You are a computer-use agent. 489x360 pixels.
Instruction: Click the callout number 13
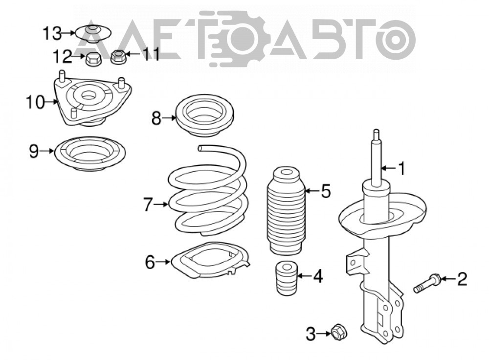[x=52, y=33]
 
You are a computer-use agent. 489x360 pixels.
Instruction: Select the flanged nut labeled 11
[x=118, y=57]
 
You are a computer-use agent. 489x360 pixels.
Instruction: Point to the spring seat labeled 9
[x=90, y=154]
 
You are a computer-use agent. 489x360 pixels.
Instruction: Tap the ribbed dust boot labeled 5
[x=286, y=211]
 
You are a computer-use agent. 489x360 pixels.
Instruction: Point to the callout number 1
[x=402, y=168]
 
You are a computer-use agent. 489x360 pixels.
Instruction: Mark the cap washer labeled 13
[x=93, y=33]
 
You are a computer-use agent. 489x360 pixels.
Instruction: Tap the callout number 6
[x=150, y=262]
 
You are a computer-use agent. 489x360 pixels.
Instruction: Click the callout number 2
[x=462, y=279]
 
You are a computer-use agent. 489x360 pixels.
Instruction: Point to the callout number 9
[x=34, y=151]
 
